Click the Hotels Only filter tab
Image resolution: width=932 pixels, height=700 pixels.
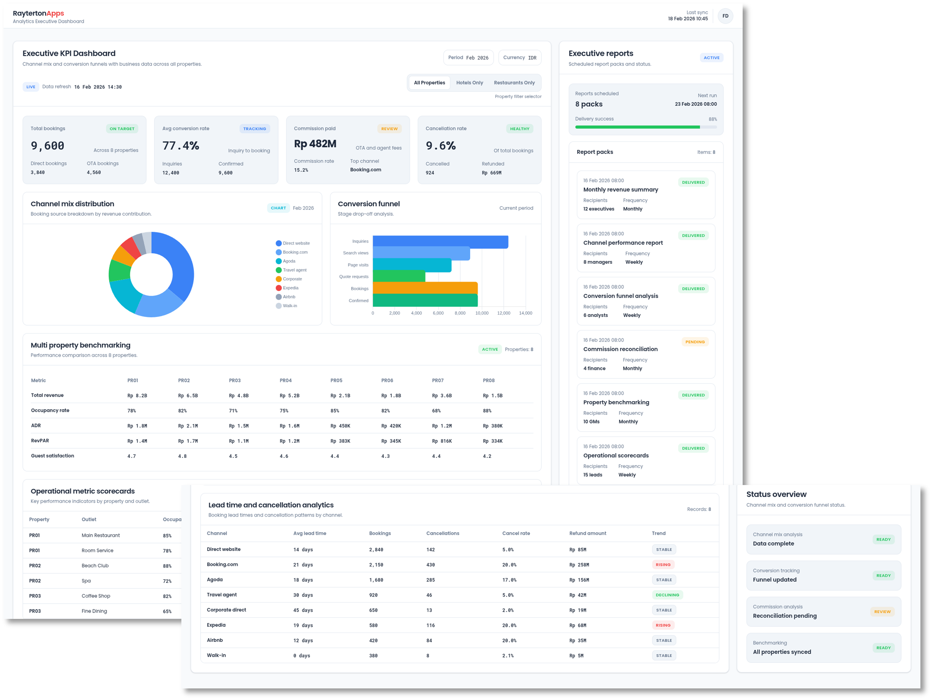(x=469, y=83)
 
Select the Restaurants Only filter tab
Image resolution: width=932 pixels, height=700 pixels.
(x=514, y=83)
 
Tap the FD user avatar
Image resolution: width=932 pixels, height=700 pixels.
(x=725, y=16)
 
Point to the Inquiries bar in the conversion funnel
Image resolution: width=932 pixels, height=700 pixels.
(x=440, y=241)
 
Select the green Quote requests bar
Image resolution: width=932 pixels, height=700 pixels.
(x=399, y=276)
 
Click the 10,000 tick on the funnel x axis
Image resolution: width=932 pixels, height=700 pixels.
(x=482, y=313)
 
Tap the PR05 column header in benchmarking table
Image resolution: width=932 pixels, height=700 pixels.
(x=336, y=380)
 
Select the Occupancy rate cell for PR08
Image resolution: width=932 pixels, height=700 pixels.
(x=487, y=410)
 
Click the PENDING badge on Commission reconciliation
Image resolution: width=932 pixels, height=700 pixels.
(x=694, y=342)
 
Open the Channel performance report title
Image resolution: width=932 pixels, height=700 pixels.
(x=623, y=243)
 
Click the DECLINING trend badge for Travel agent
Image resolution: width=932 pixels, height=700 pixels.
(x=667, y=595)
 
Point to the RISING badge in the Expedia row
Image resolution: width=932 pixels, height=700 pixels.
(x=663, y=625)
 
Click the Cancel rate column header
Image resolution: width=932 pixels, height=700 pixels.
(x=516, y=533)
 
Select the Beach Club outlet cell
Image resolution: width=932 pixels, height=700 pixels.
(x=95, y=566)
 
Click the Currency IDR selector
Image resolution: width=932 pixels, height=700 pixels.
(x=519, y=58)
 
